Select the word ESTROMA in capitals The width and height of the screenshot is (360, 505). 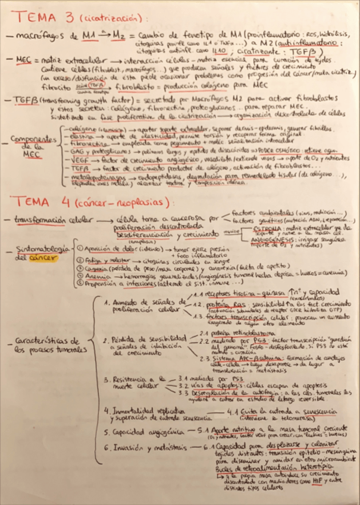click(249, 229)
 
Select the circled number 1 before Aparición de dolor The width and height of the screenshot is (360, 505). click(79, 247)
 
